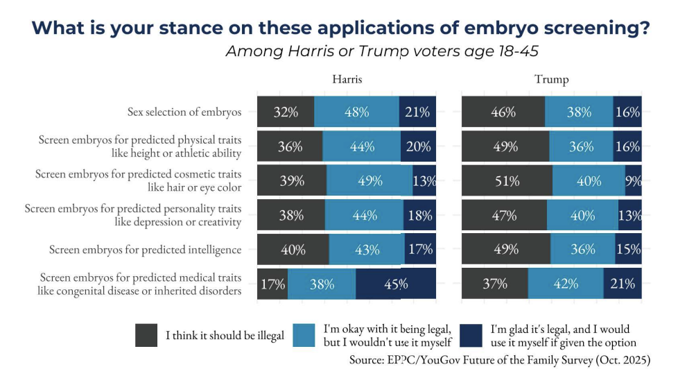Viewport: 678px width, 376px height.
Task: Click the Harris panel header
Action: click(347, 79)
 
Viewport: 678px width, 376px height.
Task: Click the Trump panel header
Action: click(551, 79)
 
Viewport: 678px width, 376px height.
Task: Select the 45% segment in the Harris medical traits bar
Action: click(396, 284)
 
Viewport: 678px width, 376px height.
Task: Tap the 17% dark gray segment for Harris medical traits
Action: click(272, 284)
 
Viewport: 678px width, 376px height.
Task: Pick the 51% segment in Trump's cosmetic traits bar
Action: click(507, 181)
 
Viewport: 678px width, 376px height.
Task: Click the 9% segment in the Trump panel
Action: click(633, 181)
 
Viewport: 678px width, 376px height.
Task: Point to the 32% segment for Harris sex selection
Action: click(286, 112)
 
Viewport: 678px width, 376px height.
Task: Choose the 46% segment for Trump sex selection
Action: click(503, 112)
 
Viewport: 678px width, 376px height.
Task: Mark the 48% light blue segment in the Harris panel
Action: click(356, 112)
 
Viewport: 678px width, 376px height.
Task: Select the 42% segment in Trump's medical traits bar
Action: click(566, 284)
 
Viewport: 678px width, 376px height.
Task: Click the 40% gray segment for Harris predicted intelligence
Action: click(293, 250)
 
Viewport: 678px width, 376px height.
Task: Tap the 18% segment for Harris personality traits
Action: click(420, 215)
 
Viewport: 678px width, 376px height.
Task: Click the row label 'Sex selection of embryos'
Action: click(184, 112)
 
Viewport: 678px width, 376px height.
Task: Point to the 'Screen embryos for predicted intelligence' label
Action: click(145, 250)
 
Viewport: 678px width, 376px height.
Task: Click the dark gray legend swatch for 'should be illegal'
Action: click(146, 335)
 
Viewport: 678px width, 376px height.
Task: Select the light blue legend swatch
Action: click(306, 335)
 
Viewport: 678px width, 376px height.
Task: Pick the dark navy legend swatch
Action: click(472, 335)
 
